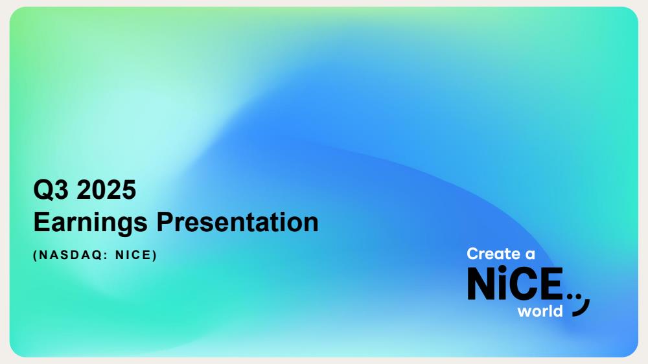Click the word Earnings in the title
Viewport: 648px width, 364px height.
[x=90, y=223]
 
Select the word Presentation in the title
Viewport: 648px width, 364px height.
[x=238, y=222]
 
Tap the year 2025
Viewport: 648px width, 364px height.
[x=106, y=190]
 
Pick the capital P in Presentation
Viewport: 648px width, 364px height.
[x=165, y=222]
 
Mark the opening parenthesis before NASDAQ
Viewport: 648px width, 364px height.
[x=35, y=255]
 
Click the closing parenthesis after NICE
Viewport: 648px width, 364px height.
[x=155, y=255]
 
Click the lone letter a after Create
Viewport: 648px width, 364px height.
[x=530, y=255]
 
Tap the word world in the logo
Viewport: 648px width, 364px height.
[x=540, y=311]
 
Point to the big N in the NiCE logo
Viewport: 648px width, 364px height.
[x=481, y=284]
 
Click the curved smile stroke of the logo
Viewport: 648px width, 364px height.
[x=584, y=310]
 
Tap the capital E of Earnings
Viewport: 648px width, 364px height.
[x=41, y=222]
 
